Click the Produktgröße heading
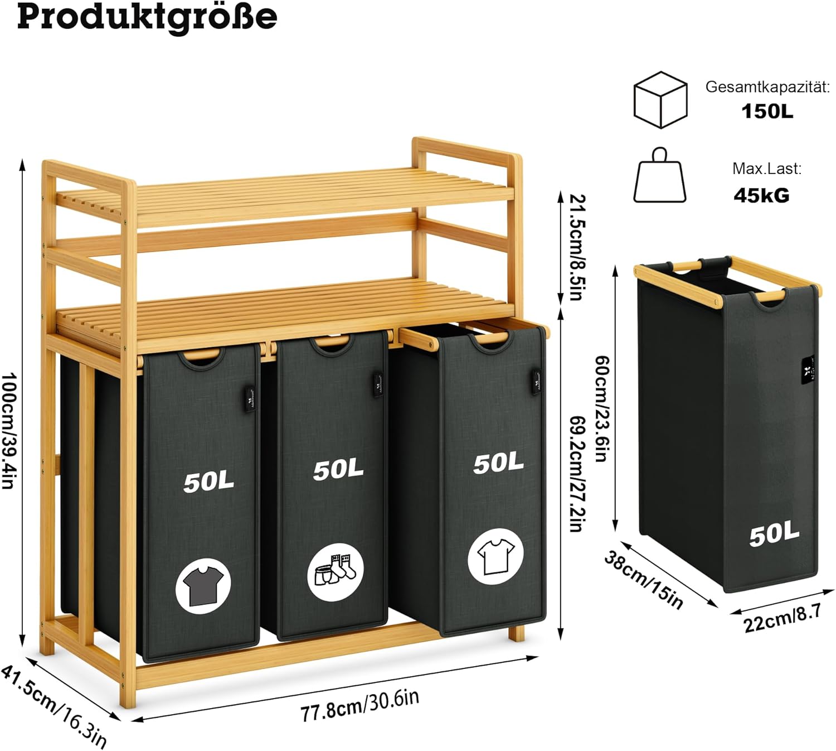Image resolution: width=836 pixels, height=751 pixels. pos(147,17)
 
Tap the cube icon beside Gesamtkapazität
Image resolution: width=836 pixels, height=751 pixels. pos(660,99)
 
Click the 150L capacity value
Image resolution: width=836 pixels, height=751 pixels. pos(767,112)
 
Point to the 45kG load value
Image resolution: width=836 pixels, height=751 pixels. pos(761,195)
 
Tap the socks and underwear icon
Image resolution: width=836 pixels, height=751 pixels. pos(336,572)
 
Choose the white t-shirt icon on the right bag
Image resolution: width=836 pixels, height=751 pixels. pos(495,556)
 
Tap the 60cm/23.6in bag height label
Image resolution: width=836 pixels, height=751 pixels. pos(601,409)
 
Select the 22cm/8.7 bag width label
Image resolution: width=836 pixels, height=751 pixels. pos(782,618)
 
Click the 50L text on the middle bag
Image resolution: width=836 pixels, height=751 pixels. pos(338,470)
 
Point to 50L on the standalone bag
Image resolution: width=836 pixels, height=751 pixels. pos(774,535)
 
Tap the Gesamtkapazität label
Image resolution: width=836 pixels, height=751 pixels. pos(767,87)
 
